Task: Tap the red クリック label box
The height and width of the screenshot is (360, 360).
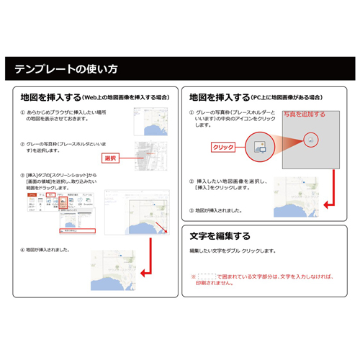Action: tap(225, 146)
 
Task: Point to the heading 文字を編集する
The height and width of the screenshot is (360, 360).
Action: tap(220, 235)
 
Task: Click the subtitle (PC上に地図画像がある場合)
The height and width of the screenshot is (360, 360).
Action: tap(287, 96)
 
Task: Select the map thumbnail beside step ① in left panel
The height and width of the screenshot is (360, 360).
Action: tap(153, 122)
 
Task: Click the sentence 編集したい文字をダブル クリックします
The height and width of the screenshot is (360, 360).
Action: tap(233, 251)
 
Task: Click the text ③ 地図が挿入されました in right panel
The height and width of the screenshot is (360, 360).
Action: tap(220, 211)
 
